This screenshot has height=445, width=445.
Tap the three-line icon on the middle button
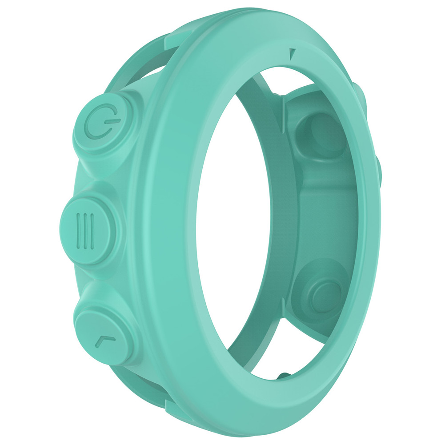(86, 232)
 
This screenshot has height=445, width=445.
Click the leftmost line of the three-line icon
(79, 232)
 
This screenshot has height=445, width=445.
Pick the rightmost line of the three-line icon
(92, 232)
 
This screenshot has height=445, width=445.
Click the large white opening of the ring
(231, 231)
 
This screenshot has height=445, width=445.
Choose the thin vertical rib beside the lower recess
(284, 311)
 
